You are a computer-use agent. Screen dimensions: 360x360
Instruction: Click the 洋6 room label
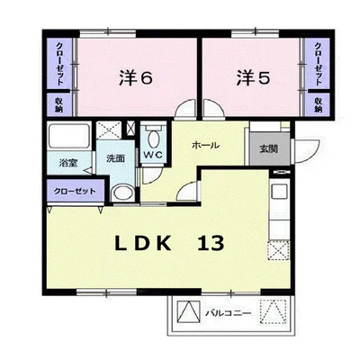click(137, 77)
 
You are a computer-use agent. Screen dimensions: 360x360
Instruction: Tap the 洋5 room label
click(254, 77)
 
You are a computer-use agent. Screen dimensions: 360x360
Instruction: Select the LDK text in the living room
click(143, 243)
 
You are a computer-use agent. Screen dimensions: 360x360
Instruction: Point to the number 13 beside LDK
click(211, 243)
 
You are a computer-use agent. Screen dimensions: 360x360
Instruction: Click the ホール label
click(205, 145)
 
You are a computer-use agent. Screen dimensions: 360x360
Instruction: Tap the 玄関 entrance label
click(268, 148)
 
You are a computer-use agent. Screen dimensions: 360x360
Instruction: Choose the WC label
click(153, 155)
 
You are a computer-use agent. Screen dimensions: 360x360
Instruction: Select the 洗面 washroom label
click(115, 158)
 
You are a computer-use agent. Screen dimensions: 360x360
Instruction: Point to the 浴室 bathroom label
click(68, 164)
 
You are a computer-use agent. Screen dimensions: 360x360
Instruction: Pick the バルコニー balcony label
click(228, 314)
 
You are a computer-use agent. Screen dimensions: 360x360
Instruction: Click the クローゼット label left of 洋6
click(59, 64)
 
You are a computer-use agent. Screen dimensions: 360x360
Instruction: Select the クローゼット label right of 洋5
click(318, 64)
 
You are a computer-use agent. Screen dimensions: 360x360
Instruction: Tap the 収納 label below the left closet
click(59, 105)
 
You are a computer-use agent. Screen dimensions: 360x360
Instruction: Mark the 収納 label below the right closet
click(319, 105)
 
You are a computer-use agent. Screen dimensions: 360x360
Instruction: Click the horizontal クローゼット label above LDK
click(75, 191)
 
